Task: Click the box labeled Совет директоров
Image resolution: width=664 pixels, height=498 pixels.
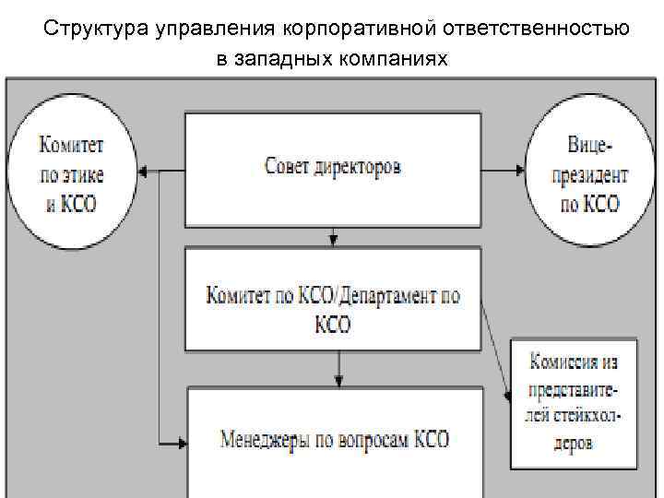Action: click(333, 170)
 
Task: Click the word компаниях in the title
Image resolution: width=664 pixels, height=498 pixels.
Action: click(398, 60)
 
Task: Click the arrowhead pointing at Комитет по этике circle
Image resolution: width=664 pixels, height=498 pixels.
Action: click(142, 170)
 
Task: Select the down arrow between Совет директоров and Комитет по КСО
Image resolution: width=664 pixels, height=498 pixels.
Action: click(329, 241)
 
